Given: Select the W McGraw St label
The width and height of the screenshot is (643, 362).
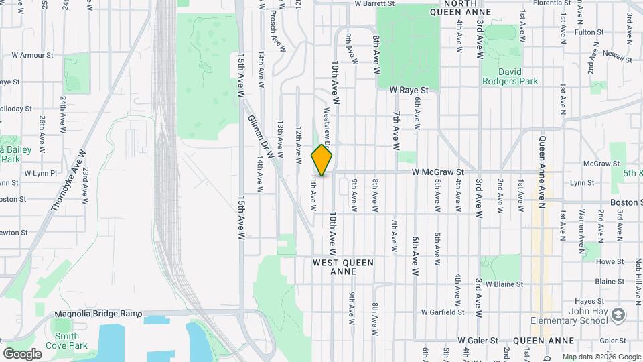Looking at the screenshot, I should (438, 172).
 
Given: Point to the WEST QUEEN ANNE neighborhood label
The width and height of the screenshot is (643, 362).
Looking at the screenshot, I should (343, 267).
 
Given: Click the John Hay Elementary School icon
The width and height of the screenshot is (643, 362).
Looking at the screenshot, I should (619, 314).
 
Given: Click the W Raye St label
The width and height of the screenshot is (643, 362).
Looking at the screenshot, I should (409, 89).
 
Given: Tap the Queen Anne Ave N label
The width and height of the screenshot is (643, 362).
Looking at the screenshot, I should (543, 172).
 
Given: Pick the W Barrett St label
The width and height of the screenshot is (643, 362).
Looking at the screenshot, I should (376, 3).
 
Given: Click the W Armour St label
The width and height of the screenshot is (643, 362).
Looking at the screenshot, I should (31, 55).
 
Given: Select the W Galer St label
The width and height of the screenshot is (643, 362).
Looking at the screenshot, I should (478, 341).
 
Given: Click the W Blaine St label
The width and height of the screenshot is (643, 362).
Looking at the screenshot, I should (504, 284).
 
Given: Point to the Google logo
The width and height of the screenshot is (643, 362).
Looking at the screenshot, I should (22, 353).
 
